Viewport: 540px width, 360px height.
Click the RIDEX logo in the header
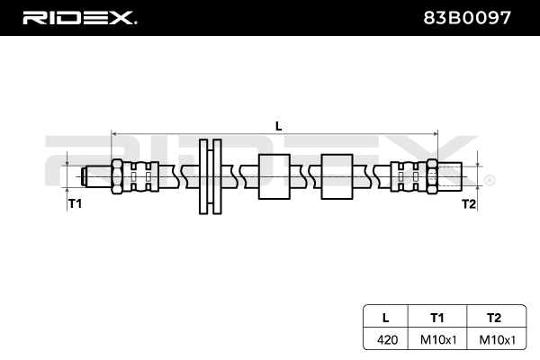coord(78,17)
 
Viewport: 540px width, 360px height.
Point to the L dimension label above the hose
coord(278,127)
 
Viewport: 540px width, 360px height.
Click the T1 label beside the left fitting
coord(75,204)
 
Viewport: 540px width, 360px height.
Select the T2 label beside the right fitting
coord(468,204)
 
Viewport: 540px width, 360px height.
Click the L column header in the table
coord(385,317)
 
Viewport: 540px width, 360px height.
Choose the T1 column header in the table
coord(436,317)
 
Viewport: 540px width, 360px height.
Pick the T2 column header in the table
coord(492,317)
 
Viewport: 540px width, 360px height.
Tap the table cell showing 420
coord(385,339)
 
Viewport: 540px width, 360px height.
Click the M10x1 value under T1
coord(436,339)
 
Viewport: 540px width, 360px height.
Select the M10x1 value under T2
coord(492,339)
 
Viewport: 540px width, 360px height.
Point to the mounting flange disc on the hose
coord(209,175)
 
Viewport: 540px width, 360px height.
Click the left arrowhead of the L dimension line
coord(115,134)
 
